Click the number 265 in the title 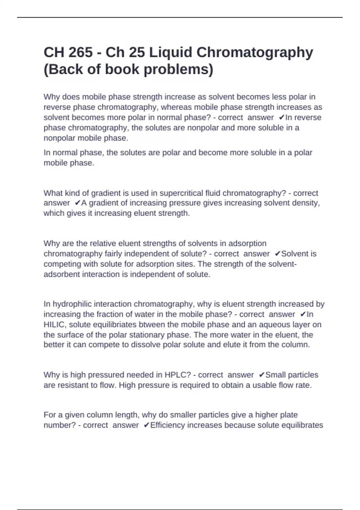(80, 52)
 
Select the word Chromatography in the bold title (255, 52)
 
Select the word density (307, 203)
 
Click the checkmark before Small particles (262, 375)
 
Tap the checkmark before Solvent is (277, 254)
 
